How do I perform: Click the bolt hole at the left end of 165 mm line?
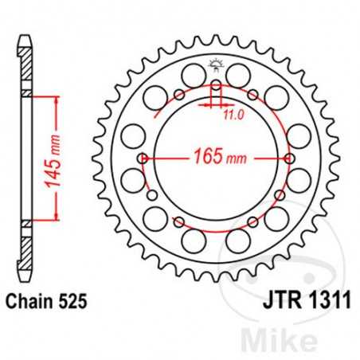point(142,158)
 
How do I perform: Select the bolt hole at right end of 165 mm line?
point(288,158)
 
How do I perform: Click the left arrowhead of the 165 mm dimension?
point(150,158)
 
